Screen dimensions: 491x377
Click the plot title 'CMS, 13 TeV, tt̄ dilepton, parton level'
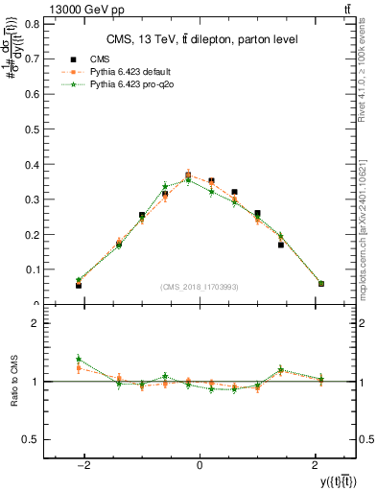(x=200, y=38)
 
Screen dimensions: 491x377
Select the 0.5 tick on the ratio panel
(x=32, y=439)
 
